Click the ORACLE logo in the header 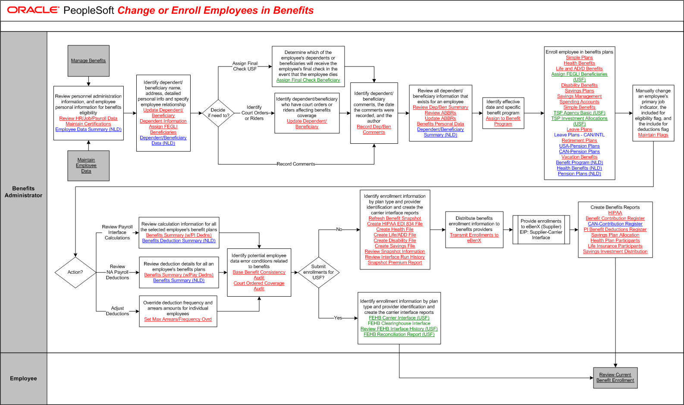point(33,10)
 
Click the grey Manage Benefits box point(88,60)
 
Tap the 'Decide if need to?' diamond point(218,113)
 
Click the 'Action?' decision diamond point(75,272)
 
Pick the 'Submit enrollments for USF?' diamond point(319,272)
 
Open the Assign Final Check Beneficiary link point(308,80)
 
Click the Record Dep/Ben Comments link point(374,130)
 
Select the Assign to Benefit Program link point(503,121)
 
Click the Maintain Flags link point(653,135)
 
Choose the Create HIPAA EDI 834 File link point(395,224)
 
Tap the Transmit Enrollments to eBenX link point(474,238)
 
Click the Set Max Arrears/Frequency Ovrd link point(178,320)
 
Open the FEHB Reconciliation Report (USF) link point(399,335)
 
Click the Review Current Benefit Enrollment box point(615,378)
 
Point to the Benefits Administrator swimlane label point(24,192)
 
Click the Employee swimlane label point(24,379)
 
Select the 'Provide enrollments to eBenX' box point(541,229)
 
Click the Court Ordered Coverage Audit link point(259,286)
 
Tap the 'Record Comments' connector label point(296,164)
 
